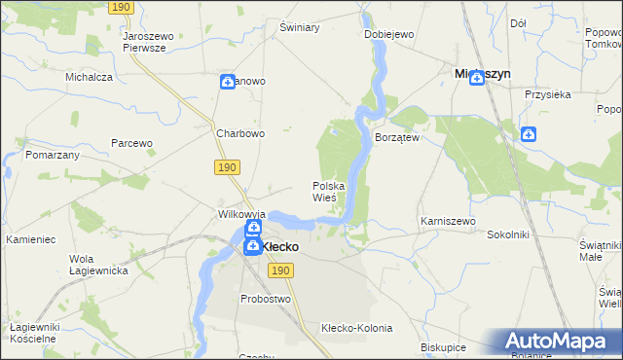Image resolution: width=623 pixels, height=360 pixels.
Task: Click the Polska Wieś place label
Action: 324,191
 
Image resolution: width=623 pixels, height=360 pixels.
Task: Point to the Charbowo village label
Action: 240,134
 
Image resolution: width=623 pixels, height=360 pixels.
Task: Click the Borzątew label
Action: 396,138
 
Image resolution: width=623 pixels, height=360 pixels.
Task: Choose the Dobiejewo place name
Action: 389,34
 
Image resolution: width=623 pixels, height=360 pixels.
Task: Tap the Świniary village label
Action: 300,27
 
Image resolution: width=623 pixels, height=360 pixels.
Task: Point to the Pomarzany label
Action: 53,155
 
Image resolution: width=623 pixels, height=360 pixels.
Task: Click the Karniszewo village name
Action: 448,222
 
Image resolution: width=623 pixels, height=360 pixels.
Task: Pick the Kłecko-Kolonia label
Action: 354,329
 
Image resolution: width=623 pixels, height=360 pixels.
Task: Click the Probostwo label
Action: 266,299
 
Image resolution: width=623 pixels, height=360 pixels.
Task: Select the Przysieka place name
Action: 546,95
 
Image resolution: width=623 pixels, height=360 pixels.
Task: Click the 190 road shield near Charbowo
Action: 227,168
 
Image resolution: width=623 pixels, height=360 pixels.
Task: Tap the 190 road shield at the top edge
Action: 120,7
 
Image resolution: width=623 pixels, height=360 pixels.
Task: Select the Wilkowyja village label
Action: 241,212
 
